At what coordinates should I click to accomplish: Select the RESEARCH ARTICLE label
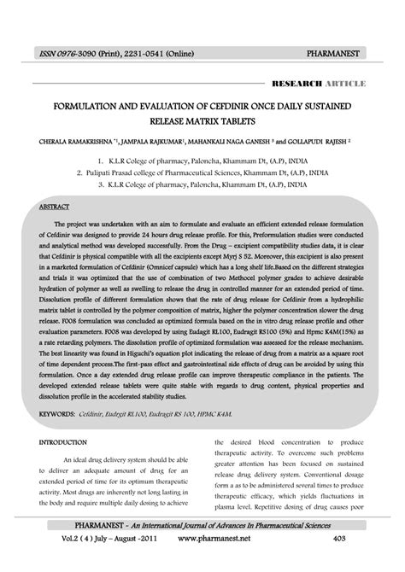pyautogui.click(x=318, y=84)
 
